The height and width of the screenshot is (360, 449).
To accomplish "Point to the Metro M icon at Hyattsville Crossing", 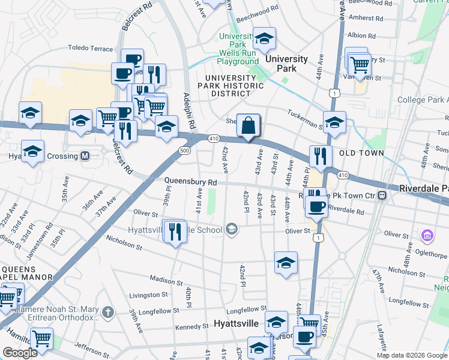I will [85, 156].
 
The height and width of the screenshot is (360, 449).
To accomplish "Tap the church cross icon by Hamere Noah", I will [107, 312].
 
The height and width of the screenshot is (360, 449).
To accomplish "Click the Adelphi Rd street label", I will [190, 111].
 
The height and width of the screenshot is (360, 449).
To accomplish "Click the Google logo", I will [20, 353].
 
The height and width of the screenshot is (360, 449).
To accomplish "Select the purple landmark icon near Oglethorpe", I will [428, 235].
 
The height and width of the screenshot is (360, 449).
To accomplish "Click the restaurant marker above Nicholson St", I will [175, 230].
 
